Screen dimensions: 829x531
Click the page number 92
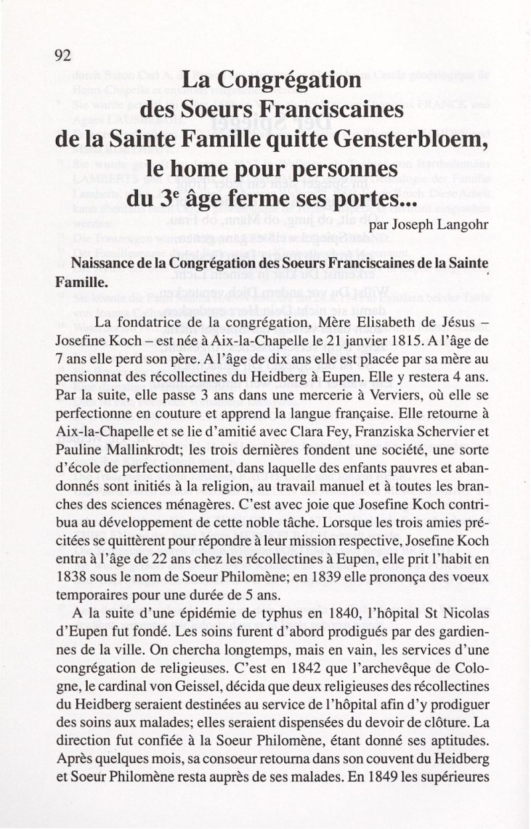(x=63, y=55)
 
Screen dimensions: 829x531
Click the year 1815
(x=384, y=341)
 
